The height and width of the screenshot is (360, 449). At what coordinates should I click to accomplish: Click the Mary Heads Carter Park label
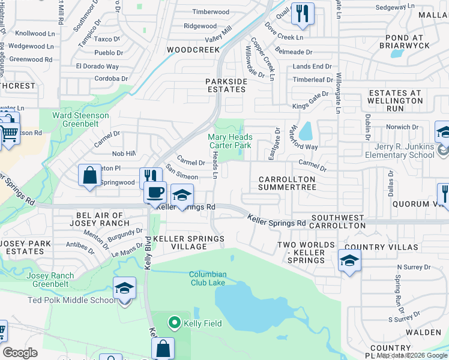230,141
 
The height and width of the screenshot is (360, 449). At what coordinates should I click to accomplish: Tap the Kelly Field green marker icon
175,323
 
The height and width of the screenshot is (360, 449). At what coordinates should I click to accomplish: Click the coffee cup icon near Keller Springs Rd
155,193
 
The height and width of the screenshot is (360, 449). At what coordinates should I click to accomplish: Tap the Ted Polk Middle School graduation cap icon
124,289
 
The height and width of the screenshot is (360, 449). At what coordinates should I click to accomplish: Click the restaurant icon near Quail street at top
303,13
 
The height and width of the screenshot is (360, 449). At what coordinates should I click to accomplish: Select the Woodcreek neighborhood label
193,50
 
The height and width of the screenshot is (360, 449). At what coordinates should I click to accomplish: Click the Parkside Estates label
226,85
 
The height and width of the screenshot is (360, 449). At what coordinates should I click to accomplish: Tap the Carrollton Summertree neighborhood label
287,184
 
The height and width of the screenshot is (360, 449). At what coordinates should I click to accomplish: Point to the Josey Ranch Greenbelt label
50,280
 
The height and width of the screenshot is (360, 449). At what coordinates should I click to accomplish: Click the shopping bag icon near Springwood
89,176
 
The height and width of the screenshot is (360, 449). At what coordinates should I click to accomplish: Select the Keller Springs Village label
188,243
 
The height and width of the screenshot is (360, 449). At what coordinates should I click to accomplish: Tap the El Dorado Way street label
97,67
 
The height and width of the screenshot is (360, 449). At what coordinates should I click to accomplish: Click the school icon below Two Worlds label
349,260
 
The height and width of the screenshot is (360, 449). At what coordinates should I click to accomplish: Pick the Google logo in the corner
20,353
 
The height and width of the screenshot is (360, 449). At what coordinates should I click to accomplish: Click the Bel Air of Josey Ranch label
100,219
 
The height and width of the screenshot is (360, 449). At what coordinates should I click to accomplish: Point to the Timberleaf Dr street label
313,79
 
